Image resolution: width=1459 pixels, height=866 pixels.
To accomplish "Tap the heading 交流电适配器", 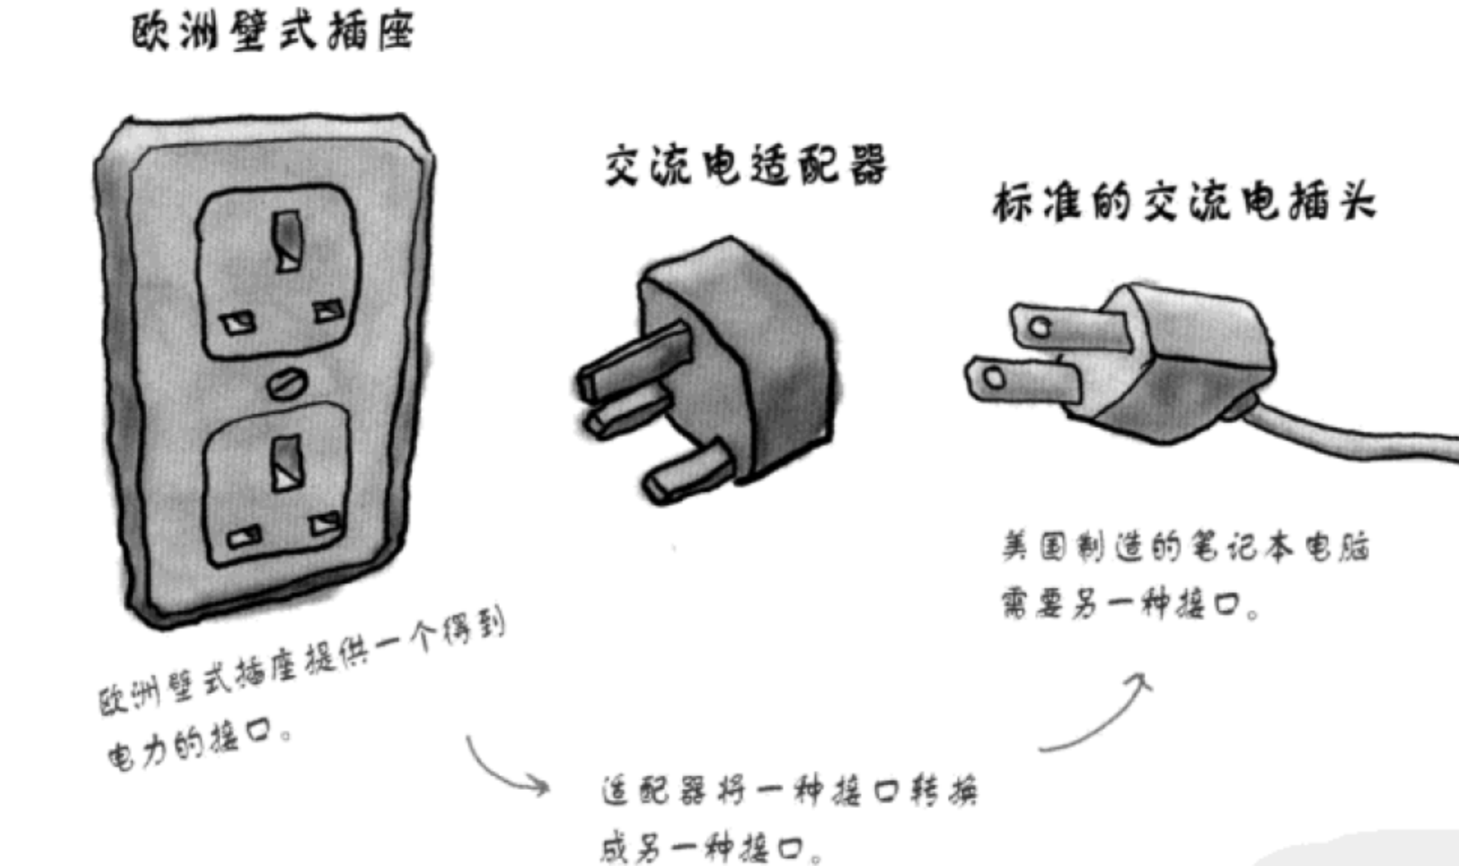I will [x=746, y=165].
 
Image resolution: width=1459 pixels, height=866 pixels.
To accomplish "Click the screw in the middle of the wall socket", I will [x=287, y=384].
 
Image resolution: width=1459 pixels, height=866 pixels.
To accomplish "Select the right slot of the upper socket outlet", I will [x=328, y=310].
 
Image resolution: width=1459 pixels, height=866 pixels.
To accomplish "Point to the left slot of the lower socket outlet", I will [x=244, y=537].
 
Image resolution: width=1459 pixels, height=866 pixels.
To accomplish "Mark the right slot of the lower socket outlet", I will [x=326, y=523].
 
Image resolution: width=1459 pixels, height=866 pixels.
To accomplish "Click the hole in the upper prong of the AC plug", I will [x=1040, y=327].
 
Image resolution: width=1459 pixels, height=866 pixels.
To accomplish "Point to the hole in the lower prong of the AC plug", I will [x=994, y=377].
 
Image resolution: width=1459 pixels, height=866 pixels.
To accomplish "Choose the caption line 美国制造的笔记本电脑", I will [x=1185, y=547].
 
